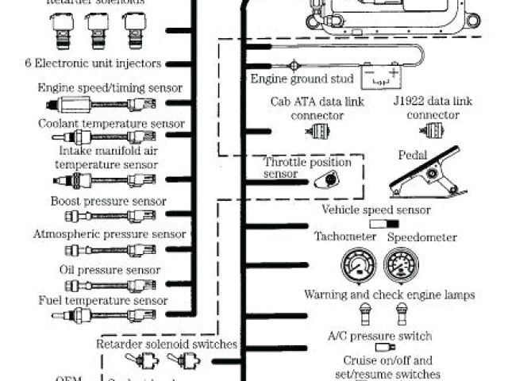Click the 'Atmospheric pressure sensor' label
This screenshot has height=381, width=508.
coord(110,234)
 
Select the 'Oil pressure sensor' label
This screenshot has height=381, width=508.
coord(110,270)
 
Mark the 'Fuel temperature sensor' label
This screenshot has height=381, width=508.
coord(103,301)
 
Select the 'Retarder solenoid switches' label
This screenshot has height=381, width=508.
coord(167,344)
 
